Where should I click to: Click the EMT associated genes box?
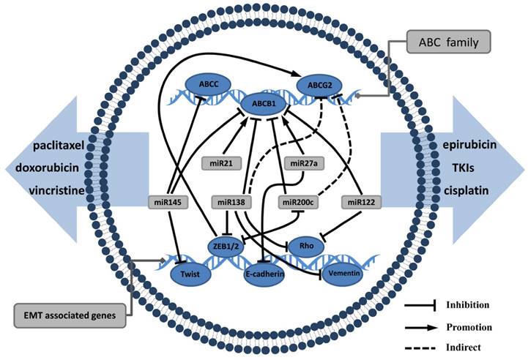(x=69, y=316)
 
